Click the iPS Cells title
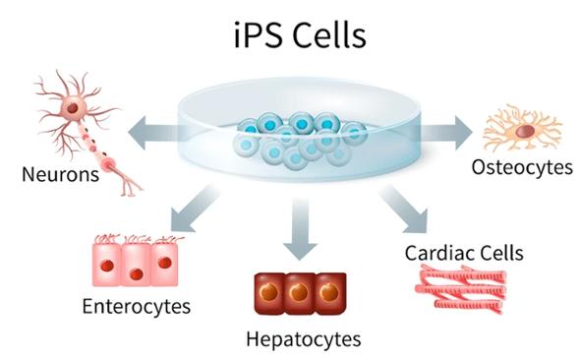tap(292, 36)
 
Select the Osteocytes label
tap(522, 167)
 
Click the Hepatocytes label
tap(290, 340)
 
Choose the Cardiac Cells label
tap(464, 252)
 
